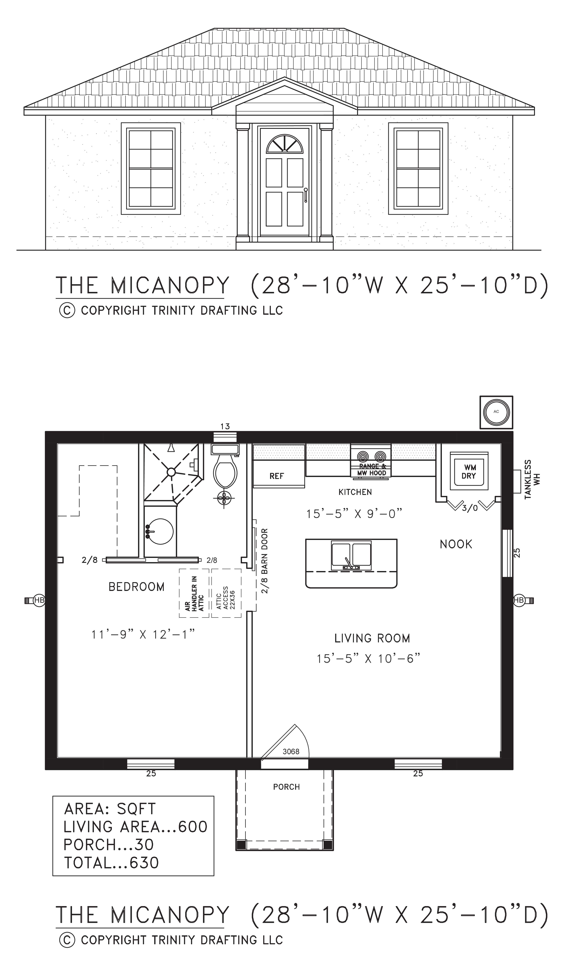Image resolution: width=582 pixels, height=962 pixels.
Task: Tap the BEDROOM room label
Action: pyautogui.click(x=136, y=587)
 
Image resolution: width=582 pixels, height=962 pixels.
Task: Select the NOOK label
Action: pyautogui.click(x=456, y=544)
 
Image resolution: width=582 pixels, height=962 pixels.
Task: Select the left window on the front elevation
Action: pyautogui.click(x=151, y=168)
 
